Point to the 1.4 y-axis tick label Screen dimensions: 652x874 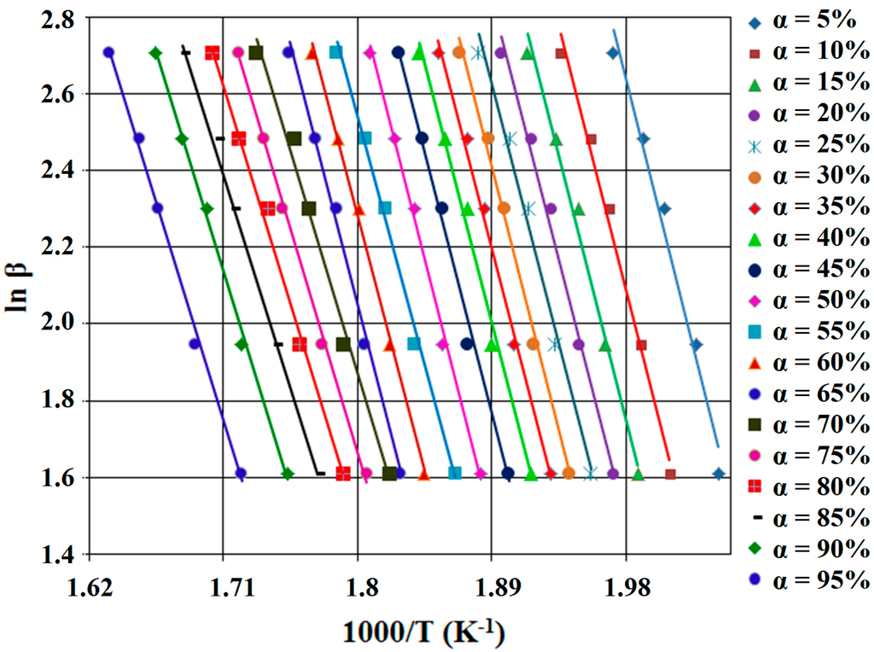56,555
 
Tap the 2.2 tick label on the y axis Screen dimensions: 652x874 56,247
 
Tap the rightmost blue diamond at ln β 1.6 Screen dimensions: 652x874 719,474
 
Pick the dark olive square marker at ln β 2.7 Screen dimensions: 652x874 256,53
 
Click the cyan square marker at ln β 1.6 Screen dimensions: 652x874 455,473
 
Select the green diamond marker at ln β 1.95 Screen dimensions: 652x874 242,344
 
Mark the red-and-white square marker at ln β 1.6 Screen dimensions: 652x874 343,474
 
